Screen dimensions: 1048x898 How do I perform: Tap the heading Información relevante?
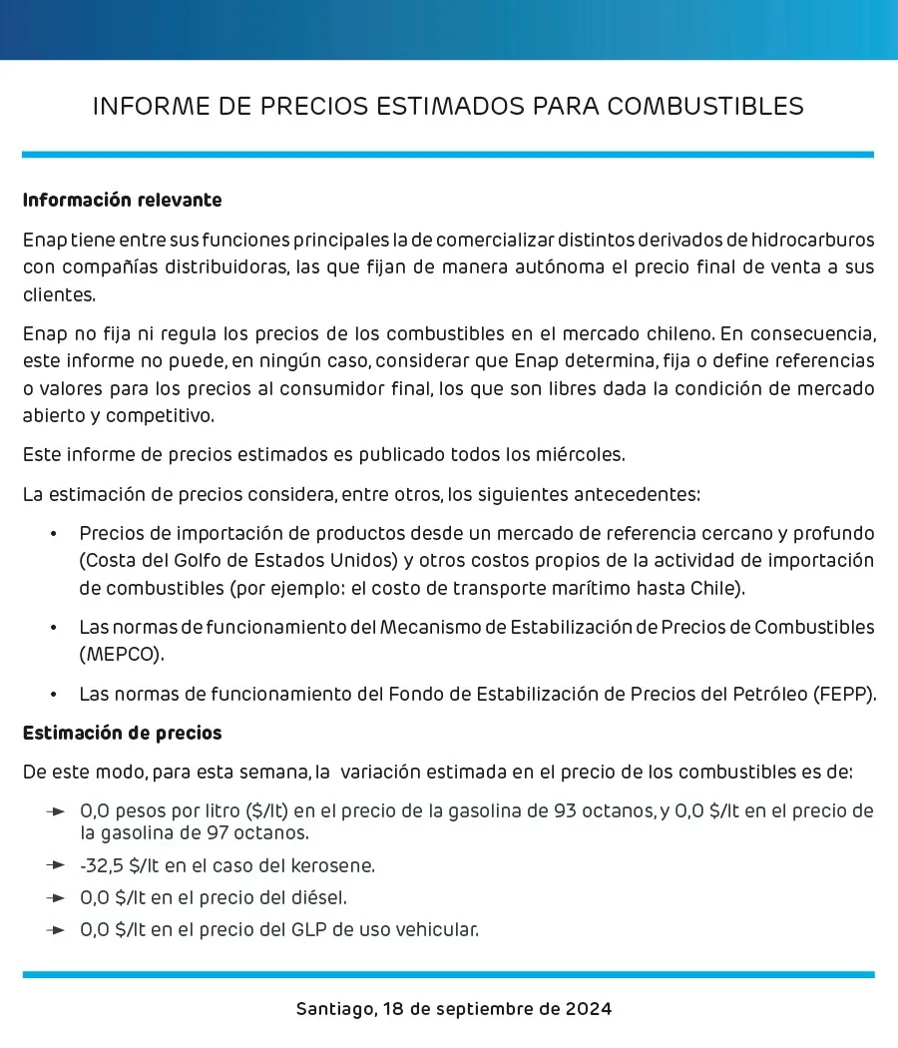(122, 201)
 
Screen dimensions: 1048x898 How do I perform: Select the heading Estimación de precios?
(122, 734)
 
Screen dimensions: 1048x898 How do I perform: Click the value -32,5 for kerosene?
(102, 864)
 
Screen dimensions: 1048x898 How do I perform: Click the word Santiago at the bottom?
(335, 1008)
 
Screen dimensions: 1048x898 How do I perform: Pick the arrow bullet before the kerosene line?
(56, 864)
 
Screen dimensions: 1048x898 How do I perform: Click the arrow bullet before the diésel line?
(56, 897)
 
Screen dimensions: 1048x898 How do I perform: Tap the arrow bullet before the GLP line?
(56, 930)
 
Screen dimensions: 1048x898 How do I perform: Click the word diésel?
(319, 897)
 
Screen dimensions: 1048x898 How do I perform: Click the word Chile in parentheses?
(713, 588)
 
